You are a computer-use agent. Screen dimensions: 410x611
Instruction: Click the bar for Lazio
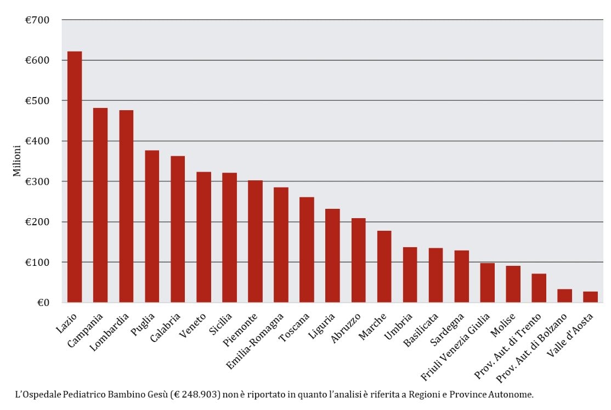point(75,177)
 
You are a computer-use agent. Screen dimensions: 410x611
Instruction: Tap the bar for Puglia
point(152,226)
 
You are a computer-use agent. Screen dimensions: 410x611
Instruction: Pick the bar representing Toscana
point(307,250)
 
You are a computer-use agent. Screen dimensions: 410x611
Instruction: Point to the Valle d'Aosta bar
point(591,297)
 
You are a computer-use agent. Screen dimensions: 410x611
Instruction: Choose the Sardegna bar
point(461,277)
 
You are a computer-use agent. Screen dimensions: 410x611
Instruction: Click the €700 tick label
point(37,20)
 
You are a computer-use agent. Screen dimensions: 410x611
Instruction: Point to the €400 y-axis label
point(37,141)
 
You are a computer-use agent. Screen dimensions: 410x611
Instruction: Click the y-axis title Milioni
point(17,161)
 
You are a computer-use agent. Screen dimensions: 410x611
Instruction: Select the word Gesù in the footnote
point(155,394)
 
